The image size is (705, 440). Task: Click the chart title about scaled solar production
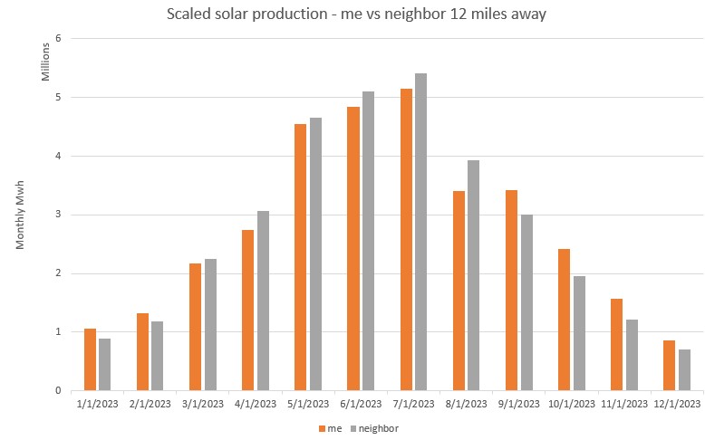pyautogui.click(x=357, y=15)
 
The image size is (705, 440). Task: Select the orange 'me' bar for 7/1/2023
pyautogui.click(x=406, y=240)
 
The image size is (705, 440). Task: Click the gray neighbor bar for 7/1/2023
pyautogui.click(x=420, y=232)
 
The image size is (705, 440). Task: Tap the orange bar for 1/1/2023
pyautogui.click(x=90, y=359)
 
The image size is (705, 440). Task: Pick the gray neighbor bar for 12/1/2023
pyautogui.click(x=684, y=369)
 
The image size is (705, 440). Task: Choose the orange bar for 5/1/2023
pyautogui.click(x=301, y=257)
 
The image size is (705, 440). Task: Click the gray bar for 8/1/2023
pyautogui.click(x=473, y=275)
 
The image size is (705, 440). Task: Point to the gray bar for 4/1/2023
pyautogui.click(x=263, y=301)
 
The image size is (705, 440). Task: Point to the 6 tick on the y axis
pyautogui.click(x=57, y=38)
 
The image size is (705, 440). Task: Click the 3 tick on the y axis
pyautogui.click(x=57, y=215)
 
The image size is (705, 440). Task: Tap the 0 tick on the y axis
pyautogui.click(x=57, y=391)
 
